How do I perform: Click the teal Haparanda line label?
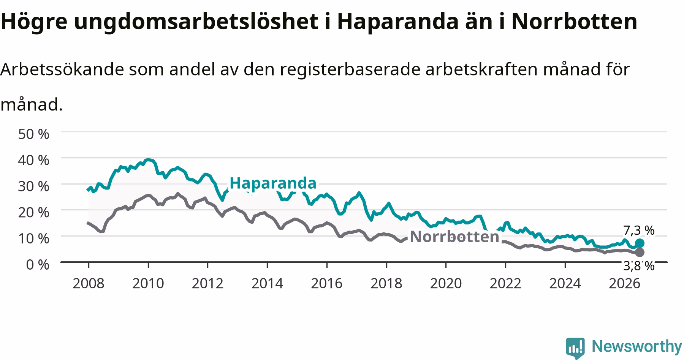[273, 183]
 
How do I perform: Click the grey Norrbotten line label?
[454, 237]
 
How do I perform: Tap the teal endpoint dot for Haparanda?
[640, 243]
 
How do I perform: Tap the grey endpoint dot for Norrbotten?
[640, 253]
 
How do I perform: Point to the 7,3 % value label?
[639, 231]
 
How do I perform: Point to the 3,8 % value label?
[639, 266]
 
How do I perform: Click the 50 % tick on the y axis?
[34, 134]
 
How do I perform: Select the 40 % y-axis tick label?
[34, 160]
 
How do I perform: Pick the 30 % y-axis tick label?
[34, 186]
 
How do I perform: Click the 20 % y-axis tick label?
[34, 212]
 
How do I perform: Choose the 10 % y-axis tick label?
[34, 238]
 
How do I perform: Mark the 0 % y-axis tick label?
[38, 264]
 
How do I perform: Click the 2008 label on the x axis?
[89, 284]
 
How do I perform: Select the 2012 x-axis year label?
[207, 284]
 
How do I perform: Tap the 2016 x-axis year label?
[327, 284]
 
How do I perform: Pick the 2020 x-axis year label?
[446, 284]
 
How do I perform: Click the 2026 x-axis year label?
[624, 284]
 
